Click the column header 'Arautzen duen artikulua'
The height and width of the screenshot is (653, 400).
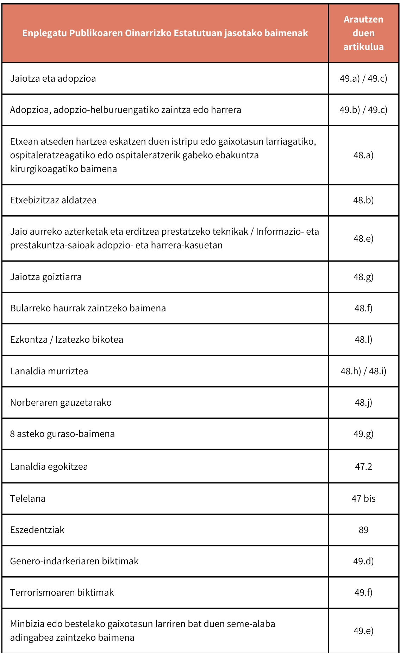(x=363, y=33)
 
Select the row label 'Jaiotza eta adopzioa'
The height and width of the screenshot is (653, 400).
(x=53, y=78)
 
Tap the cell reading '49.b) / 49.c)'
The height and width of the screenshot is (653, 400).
(x=363, y=110)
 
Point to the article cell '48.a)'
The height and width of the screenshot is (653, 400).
(x=363, y=155)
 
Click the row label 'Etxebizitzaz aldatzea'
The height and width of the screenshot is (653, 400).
(x=53, y=200)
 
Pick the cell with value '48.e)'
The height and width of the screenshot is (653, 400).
(x=363, y=239)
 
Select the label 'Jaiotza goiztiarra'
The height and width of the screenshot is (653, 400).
(x=46, y=277)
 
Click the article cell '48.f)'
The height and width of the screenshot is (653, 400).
(x=363, y=308)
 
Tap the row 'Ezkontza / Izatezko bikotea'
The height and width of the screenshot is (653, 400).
(x=67, y=340)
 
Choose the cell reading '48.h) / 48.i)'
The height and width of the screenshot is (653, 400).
(x=363, y=371)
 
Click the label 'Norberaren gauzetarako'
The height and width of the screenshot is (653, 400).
(x=61, y=402)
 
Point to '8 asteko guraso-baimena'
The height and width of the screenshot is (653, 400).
(x=62, y=434)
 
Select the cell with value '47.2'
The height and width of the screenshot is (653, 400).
(x=363, y=467)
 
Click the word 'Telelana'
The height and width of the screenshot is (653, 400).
(x=28, y=499)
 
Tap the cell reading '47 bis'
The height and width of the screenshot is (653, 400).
(x=363, y=499)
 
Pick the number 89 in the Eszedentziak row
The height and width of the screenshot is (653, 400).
(x=363, y=530)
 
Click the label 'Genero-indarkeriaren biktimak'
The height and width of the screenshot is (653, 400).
(x=74, y=561)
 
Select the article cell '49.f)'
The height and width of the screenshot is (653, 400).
(x=363, y=592)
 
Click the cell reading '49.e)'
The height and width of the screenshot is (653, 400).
(x=363, y=631)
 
